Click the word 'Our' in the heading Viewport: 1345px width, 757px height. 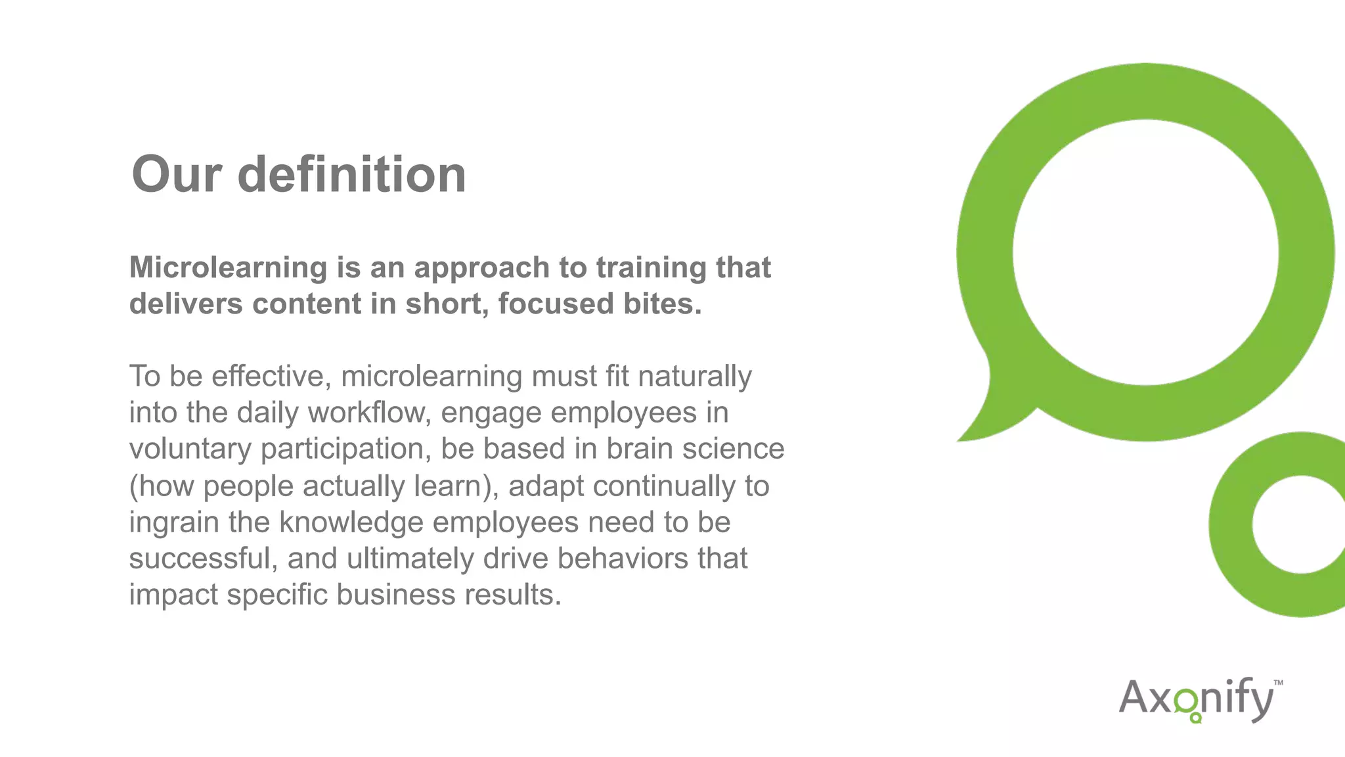tap(176, 175)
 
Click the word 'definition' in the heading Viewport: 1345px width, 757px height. tap(351, 175)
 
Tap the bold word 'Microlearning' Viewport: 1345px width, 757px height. tap(228, 267)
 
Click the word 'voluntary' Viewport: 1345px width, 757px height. tap(190, 449)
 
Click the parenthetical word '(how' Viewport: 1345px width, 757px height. tap(162, 486)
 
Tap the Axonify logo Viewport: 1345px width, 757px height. tap(1199, 699)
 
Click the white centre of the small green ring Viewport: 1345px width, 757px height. tap(1300, 524)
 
